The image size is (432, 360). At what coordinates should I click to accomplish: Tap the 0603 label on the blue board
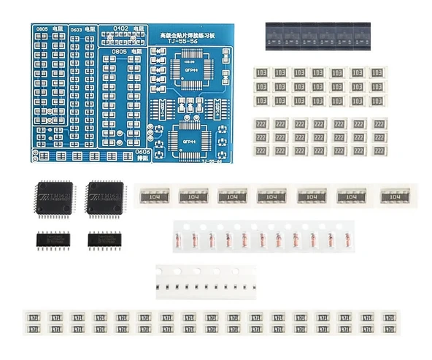[75, 30]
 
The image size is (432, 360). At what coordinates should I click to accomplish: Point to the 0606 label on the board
[144, 152]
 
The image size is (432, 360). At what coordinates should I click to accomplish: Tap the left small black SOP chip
[52, 239]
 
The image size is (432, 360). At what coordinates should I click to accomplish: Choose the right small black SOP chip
[103, 239]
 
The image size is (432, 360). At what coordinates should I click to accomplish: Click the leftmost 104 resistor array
[152, 196]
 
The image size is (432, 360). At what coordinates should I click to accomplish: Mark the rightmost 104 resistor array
[394, 196]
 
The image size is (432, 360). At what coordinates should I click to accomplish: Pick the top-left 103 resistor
[261, 73]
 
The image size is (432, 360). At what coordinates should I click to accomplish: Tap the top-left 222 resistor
[261, 124]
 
